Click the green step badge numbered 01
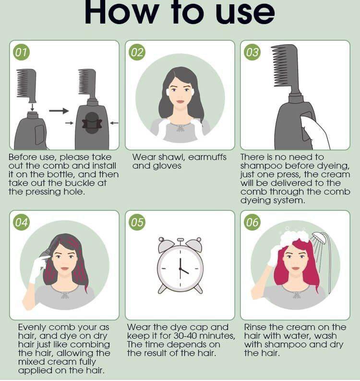[22, 52]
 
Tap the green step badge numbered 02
[137, 52]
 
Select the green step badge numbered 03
[252, 52]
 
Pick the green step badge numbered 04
[22, 222]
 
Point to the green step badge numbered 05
[137, 222]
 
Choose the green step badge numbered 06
[252, 222]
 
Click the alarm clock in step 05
[180, 266]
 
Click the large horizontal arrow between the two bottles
[59, 111]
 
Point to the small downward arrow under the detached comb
[33, 107]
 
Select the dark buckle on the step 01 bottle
[92, 123]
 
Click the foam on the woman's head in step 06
[294, 236]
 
